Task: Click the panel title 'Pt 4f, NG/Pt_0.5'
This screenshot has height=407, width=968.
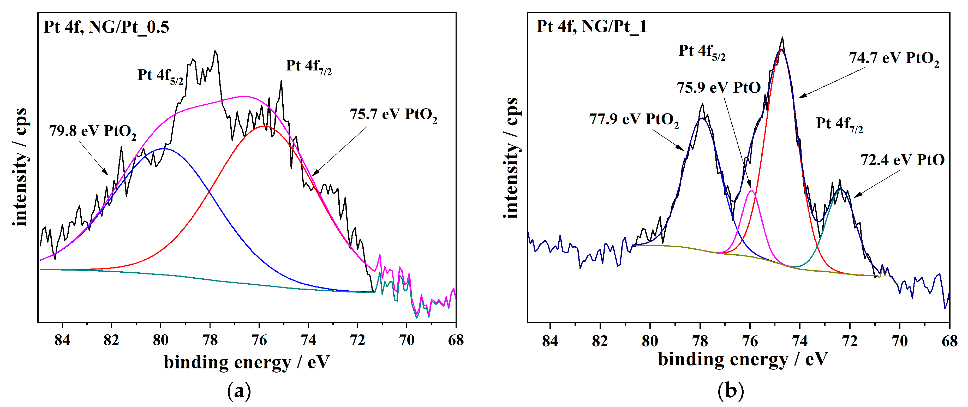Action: tap(106, 27)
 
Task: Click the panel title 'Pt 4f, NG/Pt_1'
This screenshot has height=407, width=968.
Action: tap(591, 26)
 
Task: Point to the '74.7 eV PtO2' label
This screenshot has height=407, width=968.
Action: tap(894, 58)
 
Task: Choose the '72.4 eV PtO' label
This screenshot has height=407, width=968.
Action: tap(902, 160)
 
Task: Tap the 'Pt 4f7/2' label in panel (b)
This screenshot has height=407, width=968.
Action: tap(839, 124)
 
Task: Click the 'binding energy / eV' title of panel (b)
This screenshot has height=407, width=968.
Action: tap(743, 359)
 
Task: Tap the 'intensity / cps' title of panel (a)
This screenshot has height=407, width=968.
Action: tap(21, 167)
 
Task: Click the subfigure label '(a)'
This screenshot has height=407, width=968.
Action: tap(239, 391)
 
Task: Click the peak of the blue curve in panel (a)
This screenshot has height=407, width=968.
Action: tap(164, 148)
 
